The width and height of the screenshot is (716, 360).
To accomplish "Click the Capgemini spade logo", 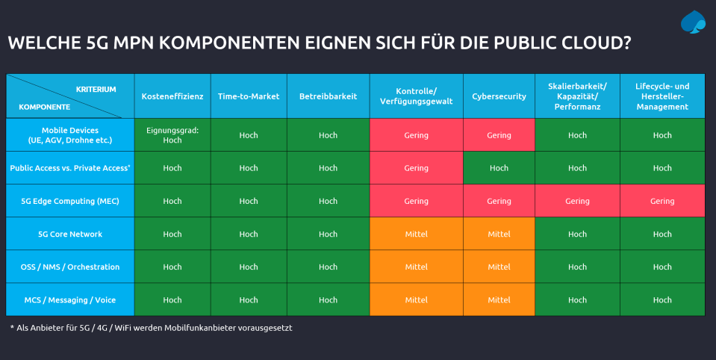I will [693, 22].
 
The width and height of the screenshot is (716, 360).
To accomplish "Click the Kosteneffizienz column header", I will [172, 96].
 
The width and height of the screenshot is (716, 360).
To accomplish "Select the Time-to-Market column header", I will [249, 96].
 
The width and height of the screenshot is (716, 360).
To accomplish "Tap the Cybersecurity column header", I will [499, 96].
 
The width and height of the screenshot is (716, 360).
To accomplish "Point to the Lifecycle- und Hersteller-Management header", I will [662, 96].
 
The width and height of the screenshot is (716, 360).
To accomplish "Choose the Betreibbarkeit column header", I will [328, 96].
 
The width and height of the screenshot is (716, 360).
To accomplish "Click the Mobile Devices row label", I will [70, 135].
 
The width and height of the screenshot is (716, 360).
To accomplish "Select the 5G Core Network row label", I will [70, 234].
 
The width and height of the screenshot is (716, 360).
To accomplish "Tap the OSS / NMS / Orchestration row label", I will [70, 267].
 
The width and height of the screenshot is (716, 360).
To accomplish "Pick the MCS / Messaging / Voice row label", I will [70, 300].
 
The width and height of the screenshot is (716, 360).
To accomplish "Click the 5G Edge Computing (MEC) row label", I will [70, 201].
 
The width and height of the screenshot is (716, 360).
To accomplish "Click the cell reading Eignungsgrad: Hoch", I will [172, 135].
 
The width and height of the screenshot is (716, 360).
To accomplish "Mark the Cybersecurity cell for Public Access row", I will [499, 168].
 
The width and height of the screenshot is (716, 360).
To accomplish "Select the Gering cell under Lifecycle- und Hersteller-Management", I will [662, 201].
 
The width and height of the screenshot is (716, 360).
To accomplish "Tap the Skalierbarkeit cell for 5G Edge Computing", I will [577, 201].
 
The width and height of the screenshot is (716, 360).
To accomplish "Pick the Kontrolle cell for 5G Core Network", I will [416, 234].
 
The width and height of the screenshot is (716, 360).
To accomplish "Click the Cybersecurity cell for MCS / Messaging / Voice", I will [499, 300].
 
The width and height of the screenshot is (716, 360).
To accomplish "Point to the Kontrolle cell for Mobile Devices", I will [416, 135].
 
